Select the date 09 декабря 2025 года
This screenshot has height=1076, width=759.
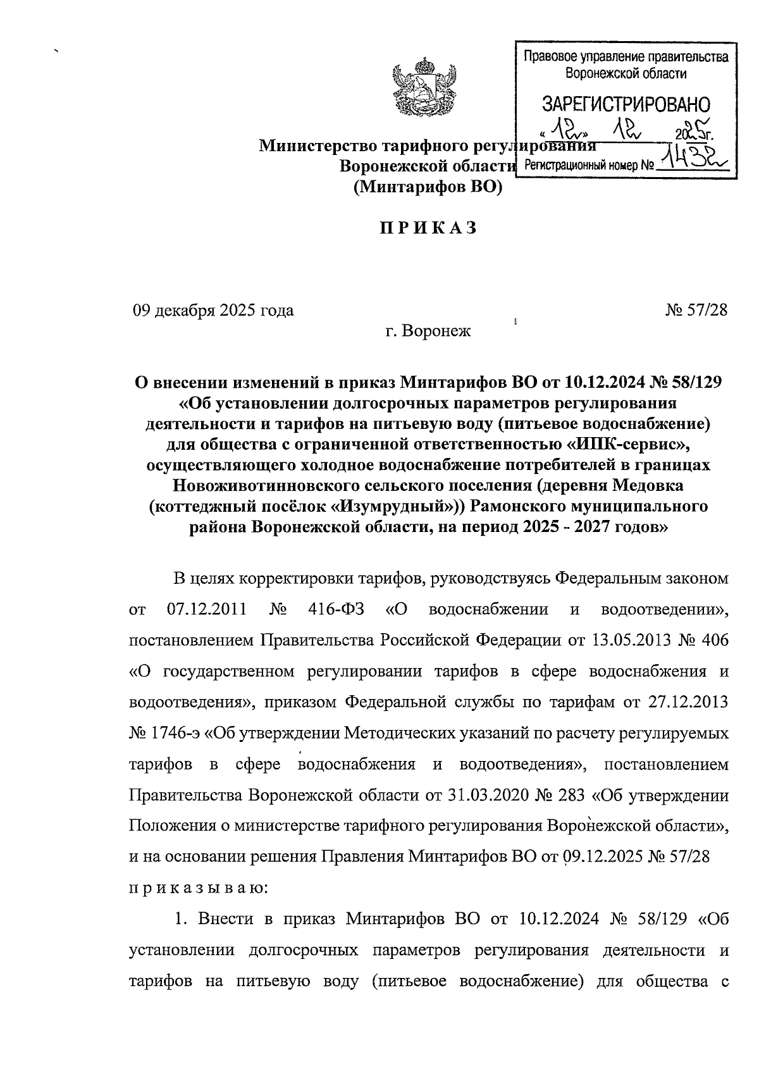(213, 311)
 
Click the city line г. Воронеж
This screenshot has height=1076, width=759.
(428, 330)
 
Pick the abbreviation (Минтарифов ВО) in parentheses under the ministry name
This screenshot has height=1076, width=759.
(428, 187)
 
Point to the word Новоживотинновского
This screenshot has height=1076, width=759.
(260, 486)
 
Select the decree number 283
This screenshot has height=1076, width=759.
(572, 795)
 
